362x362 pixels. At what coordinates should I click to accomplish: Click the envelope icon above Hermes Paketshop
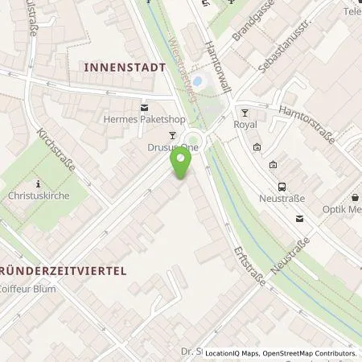tap(144, 108)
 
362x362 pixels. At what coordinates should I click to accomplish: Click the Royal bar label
tap(244, 125)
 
